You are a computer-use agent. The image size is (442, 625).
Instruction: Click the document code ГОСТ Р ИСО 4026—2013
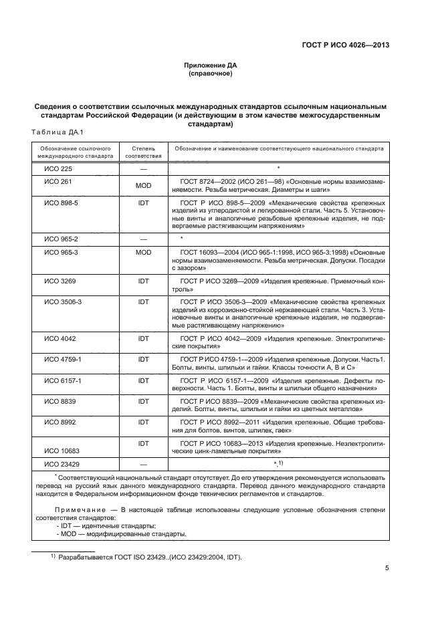pyautogui.click(x=345, y=46)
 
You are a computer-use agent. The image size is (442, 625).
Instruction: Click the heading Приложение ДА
pyautogui.click(x=211, y=66)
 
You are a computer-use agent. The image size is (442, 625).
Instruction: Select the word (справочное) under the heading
pyautogui.click(x=211, y=74)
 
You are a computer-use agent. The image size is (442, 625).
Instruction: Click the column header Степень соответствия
pyautogui.click(x=142, y=151)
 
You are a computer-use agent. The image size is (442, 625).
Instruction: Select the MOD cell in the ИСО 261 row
pyautogui.click(x=142, y=185)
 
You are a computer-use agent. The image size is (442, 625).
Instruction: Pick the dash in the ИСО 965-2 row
pyautogui.click(x=142, y=239)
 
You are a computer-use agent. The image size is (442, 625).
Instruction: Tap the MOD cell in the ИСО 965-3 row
pyautogui.click(x=142, y=252)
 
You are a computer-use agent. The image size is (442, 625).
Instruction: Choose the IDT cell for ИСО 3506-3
pyautogui.click(x=142, y=301)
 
